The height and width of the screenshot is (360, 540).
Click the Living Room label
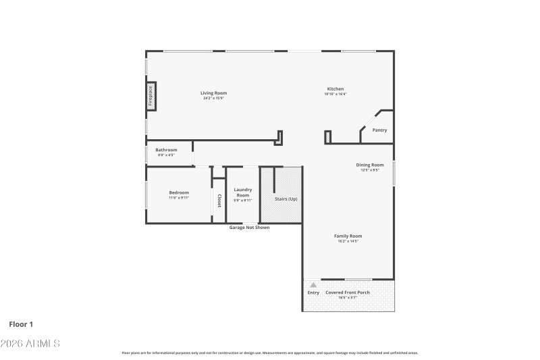point(213,93)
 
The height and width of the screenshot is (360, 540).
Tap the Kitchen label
point(335,89)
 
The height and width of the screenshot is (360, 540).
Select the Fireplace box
point(151,95)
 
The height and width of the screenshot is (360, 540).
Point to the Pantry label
point(379,130)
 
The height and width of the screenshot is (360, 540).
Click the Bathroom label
point(166,150)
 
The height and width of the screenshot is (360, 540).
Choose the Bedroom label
point(179,192)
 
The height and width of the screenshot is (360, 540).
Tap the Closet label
point(219,201)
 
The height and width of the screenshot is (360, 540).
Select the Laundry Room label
point(242,192)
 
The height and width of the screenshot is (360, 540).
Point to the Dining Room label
point(370,165)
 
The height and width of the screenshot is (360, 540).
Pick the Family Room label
point(348,236)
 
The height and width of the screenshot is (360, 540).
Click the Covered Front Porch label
point(348,292)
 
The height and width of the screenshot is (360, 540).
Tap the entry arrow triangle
point(313,285)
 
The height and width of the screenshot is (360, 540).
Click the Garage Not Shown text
point(249,228)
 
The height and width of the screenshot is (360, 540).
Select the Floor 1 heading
point(21,324)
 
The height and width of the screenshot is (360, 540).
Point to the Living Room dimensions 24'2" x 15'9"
point(213,99)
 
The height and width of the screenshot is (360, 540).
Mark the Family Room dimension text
point(348,241)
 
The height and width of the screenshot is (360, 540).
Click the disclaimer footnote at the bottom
point(270,353)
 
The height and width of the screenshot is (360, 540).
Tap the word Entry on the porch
point(313,292)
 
